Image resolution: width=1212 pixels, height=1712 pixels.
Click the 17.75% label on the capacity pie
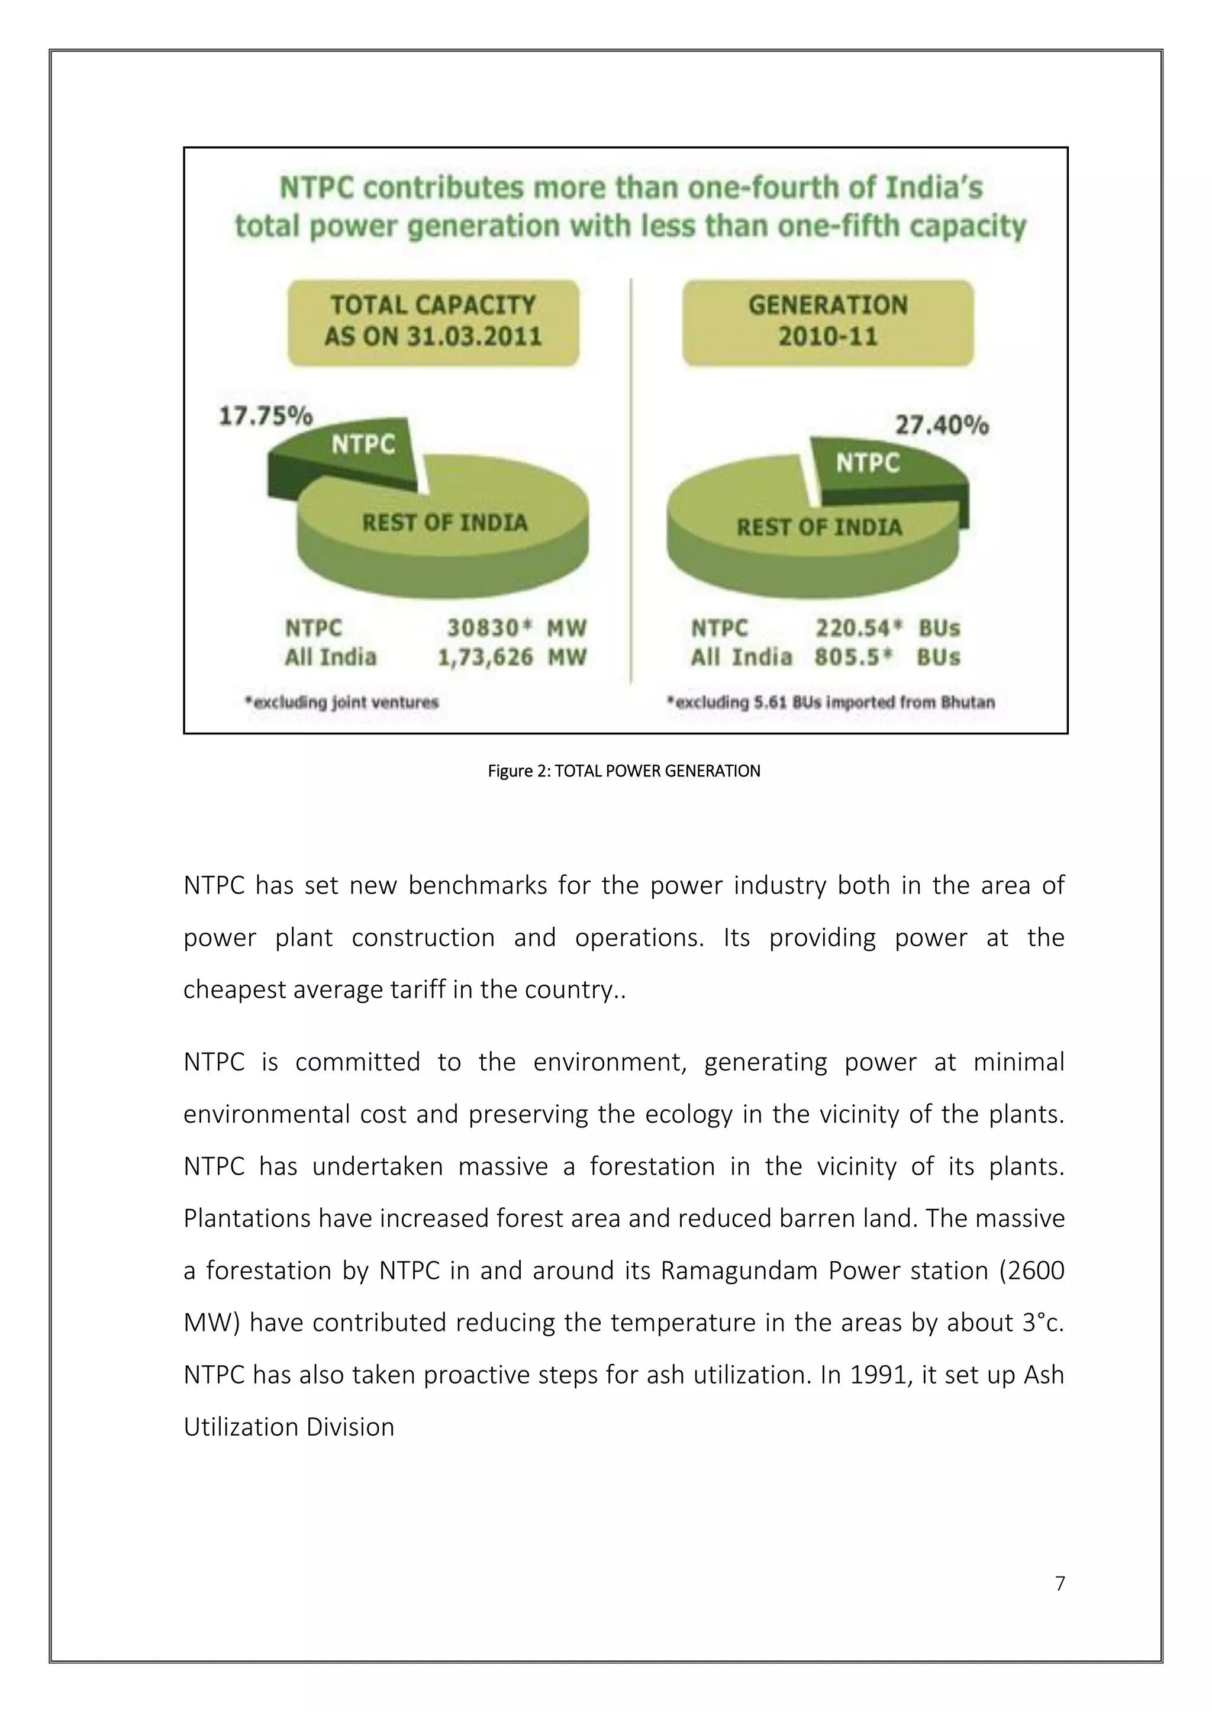coord(265,415)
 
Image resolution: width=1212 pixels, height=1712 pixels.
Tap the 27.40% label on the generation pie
coord(942,426)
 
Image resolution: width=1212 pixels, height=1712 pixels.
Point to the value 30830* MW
coord(517,628)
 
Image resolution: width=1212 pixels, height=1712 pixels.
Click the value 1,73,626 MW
coord(512,658)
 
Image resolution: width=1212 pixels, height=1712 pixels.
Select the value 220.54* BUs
coord(887,628)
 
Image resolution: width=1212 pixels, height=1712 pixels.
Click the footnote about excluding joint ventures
coord(342,702)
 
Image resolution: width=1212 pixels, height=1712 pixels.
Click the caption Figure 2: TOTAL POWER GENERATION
coord(624,771)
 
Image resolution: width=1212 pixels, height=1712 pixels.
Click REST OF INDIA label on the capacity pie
coord(445,523)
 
